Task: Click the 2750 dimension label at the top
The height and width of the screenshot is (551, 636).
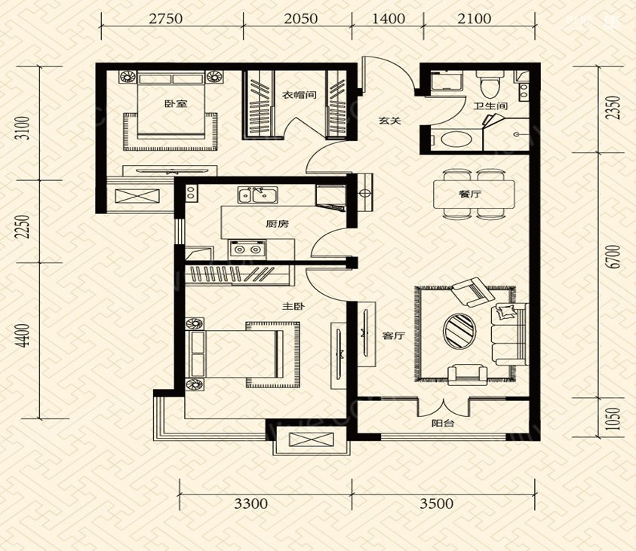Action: point(165,19)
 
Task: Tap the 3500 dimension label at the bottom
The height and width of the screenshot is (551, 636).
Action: point(436,504)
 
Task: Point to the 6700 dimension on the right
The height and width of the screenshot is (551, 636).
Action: point(615,256)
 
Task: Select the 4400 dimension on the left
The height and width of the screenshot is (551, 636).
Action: point(24,335)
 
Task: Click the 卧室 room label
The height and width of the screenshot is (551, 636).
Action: point(176,104)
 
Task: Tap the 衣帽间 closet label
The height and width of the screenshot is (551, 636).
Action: point(300,96)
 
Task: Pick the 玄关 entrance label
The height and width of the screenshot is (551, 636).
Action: point(390,121)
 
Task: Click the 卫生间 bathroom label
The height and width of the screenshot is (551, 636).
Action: point(491,106)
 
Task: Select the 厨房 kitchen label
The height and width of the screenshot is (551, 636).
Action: point(278,224)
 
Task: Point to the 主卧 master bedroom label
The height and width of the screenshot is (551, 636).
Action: point(293,307)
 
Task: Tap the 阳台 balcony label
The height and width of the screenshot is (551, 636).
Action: point(443,424)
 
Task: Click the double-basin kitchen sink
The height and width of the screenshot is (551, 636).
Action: point(257,194)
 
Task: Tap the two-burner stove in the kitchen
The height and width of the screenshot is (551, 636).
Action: point(247,249)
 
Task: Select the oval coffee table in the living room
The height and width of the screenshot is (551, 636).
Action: point(460,330)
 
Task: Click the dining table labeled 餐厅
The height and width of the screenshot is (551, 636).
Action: point(474,194)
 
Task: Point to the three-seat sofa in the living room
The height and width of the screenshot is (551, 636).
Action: point(509,335)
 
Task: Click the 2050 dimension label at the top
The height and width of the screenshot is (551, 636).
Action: point(300,19)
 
